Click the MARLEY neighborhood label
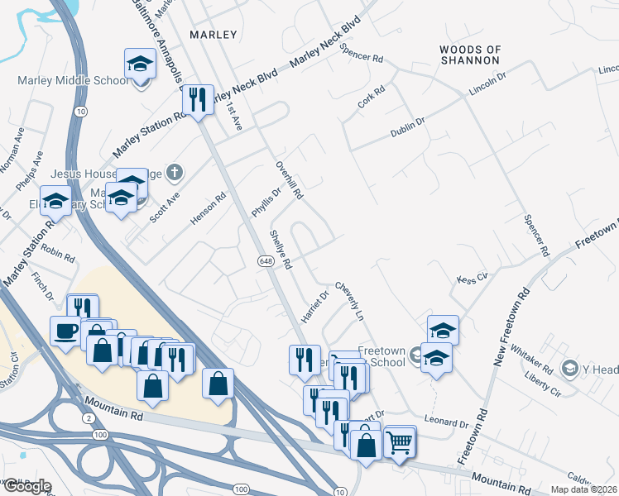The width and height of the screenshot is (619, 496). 213,35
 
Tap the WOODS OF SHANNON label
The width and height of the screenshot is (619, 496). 469,55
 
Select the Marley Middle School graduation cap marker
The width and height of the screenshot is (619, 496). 140,64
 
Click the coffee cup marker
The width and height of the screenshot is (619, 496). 65,331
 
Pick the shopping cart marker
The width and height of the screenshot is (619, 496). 399,442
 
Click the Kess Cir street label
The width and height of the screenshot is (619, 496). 473,278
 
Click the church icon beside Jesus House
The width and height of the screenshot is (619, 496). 173,173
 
